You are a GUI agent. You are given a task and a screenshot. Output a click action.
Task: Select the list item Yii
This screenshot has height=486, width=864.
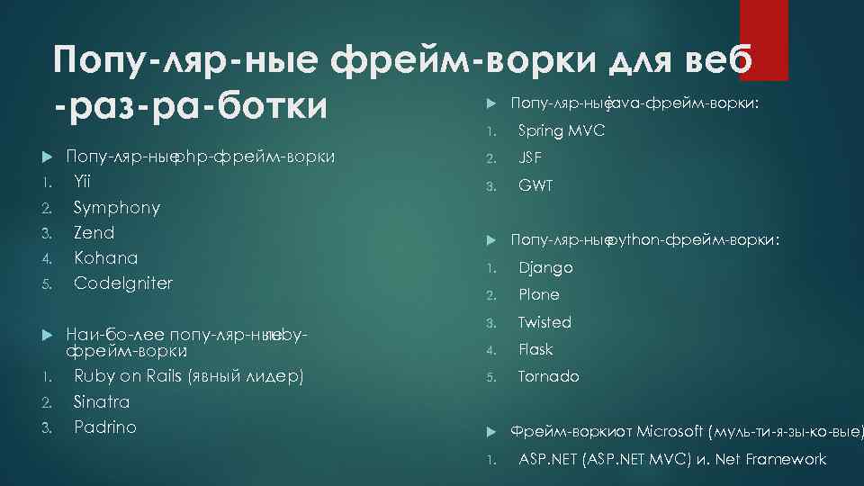coord(82,182)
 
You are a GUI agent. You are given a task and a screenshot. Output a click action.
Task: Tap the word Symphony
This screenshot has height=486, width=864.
coord(117,207)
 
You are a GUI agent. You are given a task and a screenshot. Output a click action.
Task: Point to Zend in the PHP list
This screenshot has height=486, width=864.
coord(94,232)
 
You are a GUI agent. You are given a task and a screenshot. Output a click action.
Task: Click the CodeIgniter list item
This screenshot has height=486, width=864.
coord(123,283)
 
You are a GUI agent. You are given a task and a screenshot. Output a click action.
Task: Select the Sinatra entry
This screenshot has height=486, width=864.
coord(102,401)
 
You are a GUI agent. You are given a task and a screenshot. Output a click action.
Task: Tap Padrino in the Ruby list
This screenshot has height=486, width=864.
coord(105,427)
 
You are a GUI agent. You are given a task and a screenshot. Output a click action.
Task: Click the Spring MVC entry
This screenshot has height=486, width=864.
coord(562,131)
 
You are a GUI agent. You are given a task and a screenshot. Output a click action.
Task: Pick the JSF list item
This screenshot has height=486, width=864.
coord(532,158)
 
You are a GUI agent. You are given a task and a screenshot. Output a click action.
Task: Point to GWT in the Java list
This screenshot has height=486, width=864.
coord(535,185)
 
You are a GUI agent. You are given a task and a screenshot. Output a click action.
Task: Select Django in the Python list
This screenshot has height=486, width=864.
coord(545,267)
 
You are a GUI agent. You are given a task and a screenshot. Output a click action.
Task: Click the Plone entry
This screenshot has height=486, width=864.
coord(539,294)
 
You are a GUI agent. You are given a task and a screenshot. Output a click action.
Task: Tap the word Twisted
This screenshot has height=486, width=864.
coord(544,322)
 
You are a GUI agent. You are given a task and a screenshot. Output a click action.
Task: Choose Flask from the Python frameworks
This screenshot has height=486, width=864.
coord(536,349)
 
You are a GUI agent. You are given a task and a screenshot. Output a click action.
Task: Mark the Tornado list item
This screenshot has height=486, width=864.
coord(549,376)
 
